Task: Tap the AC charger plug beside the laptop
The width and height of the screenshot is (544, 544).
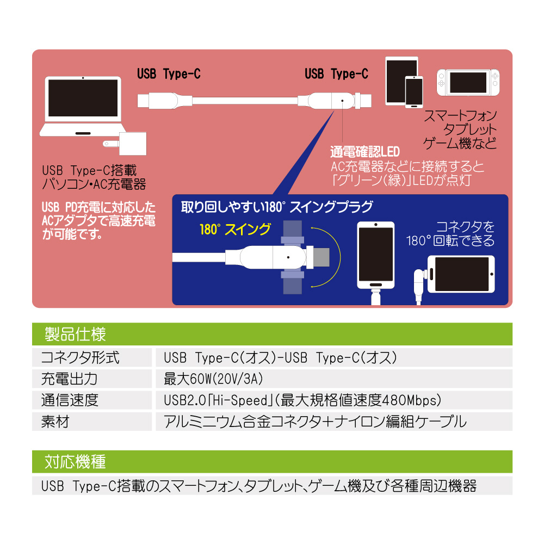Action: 125,144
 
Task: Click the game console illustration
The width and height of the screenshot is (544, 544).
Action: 468,83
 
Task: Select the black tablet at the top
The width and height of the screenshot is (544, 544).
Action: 402,81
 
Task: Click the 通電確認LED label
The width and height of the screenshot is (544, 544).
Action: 365,152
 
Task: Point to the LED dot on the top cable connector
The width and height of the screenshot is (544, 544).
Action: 342,101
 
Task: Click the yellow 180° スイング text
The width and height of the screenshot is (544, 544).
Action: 235,230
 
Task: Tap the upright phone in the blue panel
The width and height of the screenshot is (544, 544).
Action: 376,255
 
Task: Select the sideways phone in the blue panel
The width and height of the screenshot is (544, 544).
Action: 461,274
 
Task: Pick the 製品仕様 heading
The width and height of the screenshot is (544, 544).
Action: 75,334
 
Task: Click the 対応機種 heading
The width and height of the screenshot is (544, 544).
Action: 75,462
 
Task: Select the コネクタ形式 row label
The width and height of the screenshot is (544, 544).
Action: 80,358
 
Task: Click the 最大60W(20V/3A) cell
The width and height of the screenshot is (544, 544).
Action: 213,379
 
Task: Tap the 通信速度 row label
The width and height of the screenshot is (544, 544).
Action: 70,400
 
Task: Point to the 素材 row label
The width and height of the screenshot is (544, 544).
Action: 55,422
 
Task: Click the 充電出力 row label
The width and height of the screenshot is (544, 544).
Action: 70,379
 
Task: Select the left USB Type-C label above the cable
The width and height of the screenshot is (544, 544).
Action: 169,74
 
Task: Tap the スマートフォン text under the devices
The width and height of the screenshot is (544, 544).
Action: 460,115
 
